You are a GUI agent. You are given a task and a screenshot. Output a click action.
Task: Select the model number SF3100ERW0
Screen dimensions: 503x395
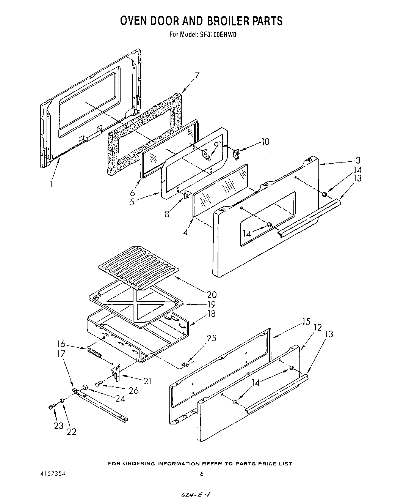[217, 34]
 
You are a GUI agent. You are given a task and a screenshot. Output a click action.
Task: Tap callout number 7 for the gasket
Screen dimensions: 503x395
[197, 75]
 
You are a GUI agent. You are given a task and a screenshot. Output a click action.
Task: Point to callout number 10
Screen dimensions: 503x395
[265, 142]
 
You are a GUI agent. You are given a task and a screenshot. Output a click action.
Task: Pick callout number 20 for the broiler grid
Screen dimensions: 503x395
[212, 294]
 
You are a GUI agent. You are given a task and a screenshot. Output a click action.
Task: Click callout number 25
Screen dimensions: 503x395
[211, 338]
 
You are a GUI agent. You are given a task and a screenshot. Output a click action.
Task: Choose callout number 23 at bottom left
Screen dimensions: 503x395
[58, 426]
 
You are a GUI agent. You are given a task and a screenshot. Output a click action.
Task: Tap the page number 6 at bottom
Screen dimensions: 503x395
[202, 474]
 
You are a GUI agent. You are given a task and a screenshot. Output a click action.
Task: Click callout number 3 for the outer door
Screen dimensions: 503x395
[358, 160]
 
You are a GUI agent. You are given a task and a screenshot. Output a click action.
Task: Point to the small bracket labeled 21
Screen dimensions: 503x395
[117, 372]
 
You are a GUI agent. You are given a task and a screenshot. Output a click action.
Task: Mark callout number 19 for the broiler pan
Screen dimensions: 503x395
[211, 304]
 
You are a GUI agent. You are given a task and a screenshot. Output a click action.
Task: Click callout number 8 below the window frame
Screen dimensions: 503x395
[167, 214]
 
